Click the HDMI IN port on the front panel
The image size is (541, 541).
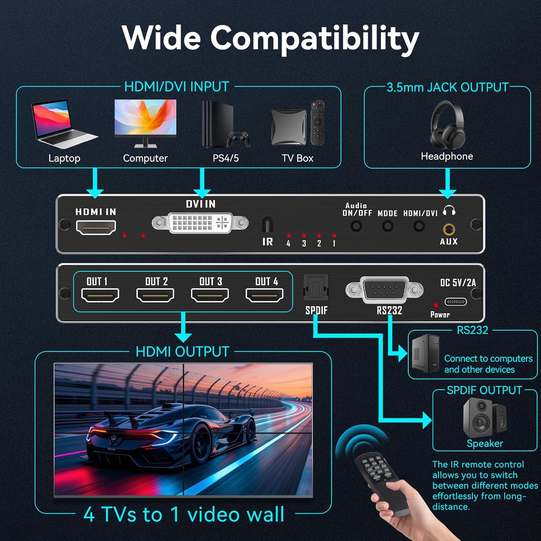coord(96,228)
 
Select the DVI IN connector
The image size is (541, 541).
coord(200,223)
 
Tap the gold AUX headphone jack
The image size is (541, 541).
coord(449,229)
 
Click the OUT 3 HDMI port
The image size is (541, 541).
coord(210,295)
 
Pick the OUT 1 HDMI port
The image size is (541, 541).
coord(100,295)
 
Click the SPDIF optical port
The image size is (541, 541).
coord(316,287)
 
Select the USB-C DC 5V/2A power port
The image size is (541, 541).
coord(456,302)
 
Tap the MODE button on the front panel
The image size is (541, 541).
coord(388,226)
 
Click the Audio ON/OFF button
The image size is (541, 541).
coord(356,226)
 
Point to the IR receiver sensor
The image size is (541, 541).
coord(267,224)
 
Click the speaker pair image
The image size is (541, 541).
coord(485,418)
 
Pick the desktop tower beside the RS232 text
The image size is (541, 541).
coord(426,353)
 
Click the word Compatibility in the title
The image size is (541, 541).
coord(315,38)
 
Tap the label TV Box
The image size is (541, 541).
coord(298,158)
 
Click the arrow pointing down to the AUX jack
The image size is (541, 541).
coord(448,184)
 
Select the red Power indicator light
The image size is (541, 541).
coord(436,305)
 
